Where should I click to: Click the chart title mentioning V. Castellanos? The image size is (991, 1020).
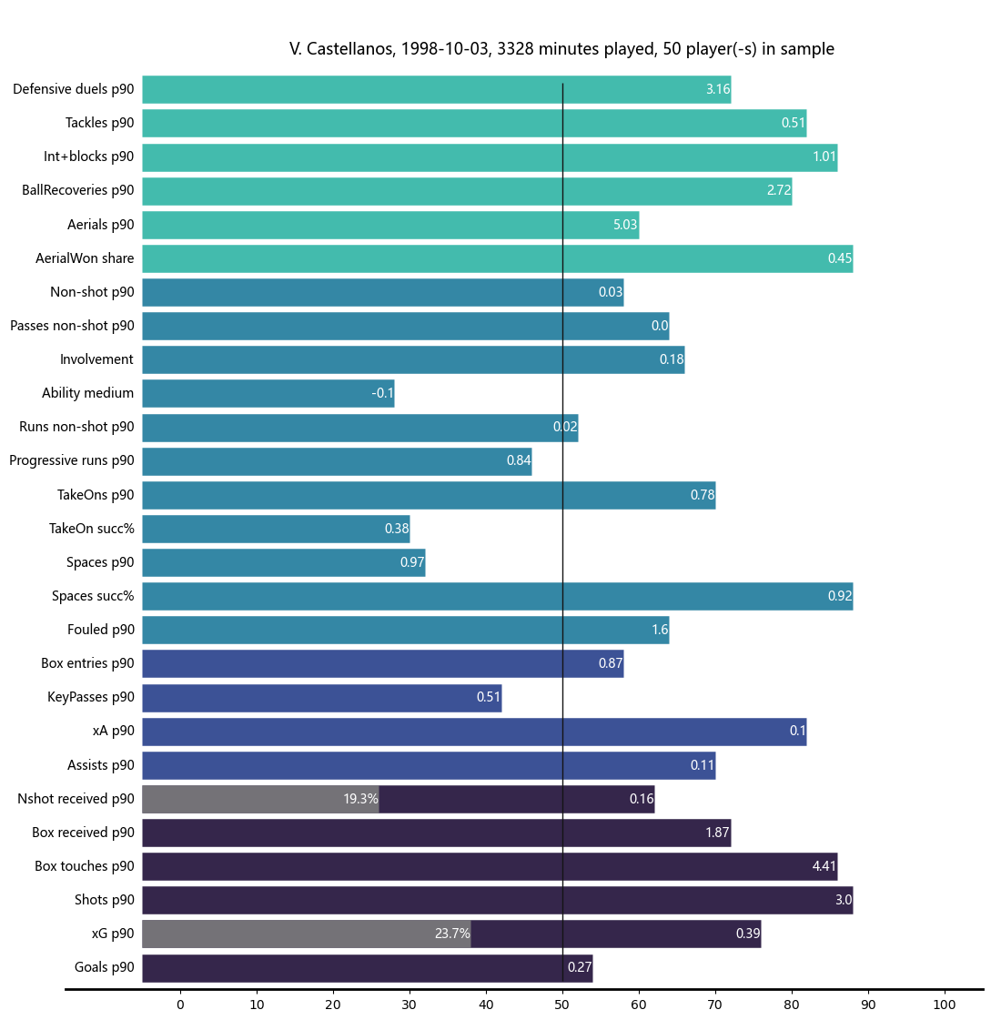click(x=561, y=49)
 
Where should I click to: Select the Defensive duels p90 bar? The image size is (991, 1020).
click(x=437, y=89)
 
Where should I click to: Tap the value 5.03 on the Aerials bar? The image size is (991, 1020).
click(x=625, y=225)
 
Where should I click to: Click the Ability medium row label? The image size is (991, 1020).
click(x=87, y=393)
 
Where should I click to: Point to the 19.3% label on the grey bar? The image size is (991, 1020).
click(x=360, y=799)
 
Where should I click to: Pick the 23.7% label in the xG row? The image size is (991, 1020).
click(x=452, y=934)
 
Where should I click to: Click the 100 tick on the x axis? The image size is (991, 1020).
click(x=945, y=1005)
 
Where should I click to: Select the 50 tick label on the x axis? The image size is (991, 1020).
click(x=562, y=1005)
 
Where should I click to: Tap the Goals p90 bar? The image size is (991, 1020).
click(x=368, y=967)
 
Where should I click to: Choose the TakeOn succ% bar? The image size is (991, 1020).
click(x=276, y=529)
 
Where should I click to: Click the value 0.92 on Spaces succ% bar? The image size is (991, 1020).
click(x=839, y=596)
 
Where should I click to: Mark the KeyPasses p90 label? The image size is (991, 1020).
click(x=91, y=697)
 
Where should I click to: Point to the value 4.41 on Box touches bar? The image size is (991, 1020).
click(x=824, y=866)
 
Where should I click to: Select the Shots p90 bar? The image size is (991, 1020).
click(x=497, y=900)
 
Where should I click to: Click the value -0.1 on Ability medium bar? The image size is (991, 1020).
click(x=382, y=393)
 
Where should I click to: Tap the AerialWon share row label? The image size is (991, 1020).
click(x=85, y=258)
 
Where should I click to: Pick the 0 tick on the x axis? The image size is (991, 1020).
click(x=180, y=1005)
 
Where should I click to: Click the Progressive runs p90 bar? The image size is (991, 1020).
click(x=337, y=460)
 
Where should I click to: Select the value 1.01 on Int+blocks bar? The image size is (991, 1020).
click(x=824, y=157)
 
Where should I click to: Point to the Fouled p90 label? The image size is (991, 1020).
click(x=101, y=630)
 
